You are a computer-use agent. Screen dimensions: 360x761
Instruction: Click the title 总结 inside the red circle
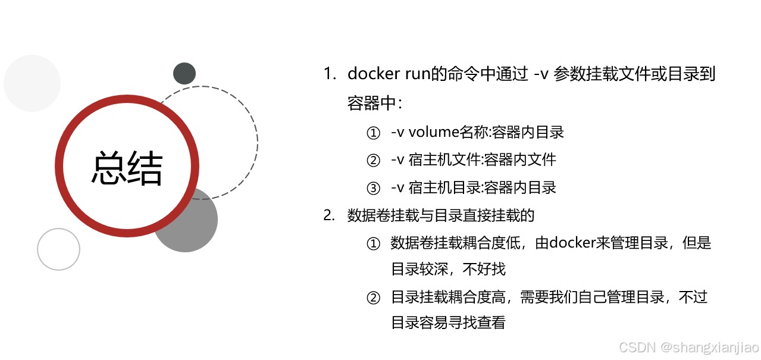(x=127, y=167)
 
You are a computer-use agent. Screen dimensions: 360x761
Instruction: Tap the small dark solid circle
(x=184, y=73)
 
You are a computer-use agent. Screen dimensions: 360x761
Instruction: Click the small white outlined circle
(x=58, y=249)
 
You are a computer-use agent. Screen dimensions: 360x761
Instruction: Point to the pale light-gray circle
(x=32, y=83)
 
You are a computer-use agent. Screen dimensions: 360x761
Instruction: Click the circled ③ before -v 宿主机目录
(x=373, y=188)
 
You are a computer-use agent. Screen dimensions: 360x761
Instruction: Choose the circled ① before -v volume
(x=373, y=133)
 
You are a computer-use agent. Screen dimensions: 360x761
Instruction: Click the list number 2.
(x=329, y=215)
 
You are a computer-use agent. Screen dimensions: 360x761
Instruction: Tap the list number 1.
(x=329, y=74)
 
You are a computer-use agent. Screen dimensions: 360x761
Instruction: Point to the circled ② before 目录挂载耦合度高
(x=373, y=297)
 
